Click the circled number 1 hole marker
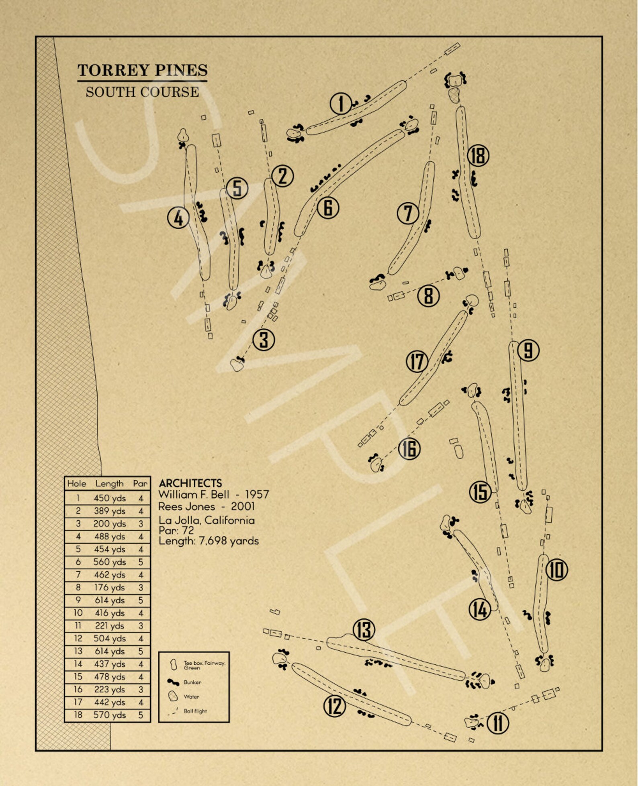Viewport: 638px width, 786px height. pyautogui.click(x=341, y=104)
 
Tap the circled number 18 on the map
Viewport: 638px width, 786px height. pyautogui.click(x=478, y=156)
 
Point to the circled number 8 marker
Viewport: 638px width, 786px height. pyautogui.click(x=428, y=296)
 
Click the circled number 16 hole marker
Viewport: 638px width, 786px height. pyautogui.click(x=409, y=449)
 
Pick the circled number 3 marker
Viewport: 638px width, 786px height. pyautogui.click(x=264, y=340)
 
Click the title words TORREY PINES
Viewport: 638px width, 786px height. pyautogui.click(x=143, y=70)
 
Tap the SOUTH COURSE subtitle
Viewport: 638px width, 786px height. pyautogui.click(x=142, y=92)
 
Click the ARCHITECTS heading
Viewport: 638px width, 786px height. pyautogui.click(x=190, y=483)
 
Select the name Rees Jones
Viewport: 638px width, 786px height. pyautogui.click(x=186, y=506)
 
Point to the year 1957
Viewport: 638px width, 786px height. pyautogui.click(x=257, y=495)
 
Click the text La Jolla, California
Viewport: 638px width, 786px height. pyautogui.click(x=207, y=520)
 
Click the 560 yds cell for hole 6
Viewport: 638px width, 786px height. pyautogui.click(x=110, y=562)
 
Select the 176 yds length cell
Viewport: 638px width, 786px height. pyautogui.click(x=110, y=587)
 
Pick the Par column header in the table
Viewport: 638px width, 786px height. pyautogui.click(x=141, y=484)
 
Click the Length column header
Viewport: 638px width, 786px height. pyautogui.click(x=109, y=484)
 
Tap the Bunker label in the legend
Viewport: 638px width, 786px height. pyautogui.click(x=192, y=682)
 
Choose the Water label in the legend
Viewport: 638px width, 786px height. pyautogui.click(x=192, y=696)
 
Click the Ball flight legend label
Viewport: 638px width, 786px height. pyautogui.click(x=195, y=711)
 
